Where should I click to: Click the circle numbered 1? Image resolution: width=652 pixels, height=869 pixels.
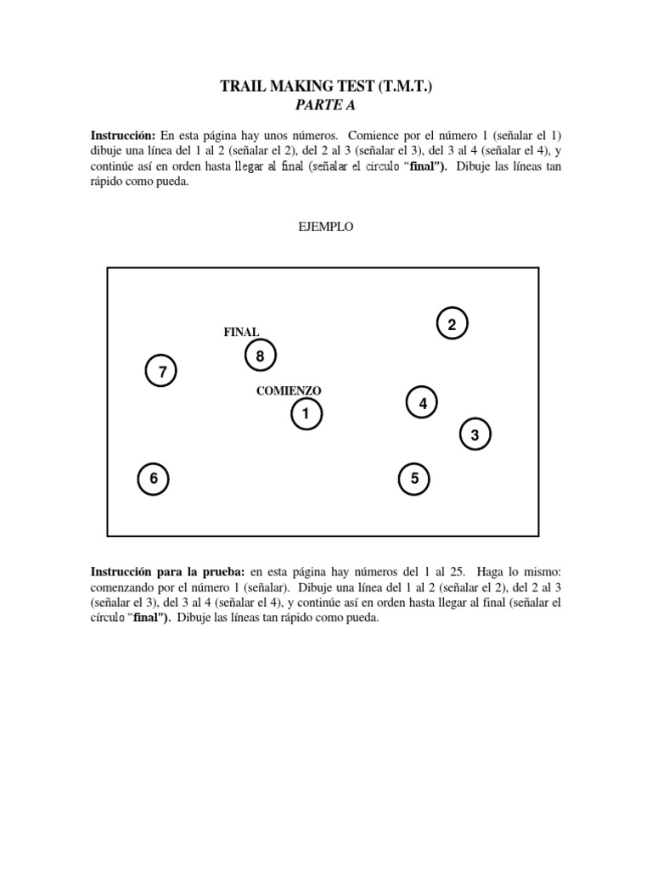coord(306,414)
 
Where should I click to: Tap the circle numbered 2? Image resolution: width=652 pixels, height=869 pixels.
coord(452,324)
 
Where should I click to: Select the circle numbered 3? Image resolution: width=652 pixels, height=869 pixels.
coord(475,435)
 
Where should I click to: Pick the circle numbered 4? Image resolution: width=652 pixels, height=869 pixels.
coord(423,403)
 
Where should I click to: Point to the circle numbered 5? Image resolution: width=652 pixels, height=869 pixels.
coord(414,479)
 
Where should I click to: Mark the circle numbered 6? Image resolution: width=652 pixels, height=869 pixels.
coord(154,479)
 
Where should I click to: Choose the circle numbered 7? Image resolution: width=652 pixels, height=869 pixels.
coord(161,371)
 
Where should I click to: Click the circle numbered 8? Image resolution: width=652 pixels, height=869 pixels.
coord(260,356)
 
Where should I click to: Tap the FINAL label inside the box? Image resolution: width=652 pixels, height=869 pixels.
coord(241,332)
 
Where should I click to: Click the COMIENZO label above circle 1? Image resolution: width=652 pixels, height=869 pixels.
coord(289,390)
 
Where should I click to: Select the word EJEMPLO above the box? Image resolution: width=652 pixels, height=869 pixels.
coord(325,227)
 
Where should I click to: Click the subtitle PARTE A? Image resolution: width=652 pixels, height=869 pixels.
coord(325,105)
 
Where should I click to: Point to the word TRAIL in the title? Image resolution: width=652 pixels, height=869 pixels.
coord(242,87)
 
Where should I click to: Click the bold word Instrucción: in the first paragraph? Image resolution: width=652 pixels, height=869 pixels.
coord(123,136)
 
